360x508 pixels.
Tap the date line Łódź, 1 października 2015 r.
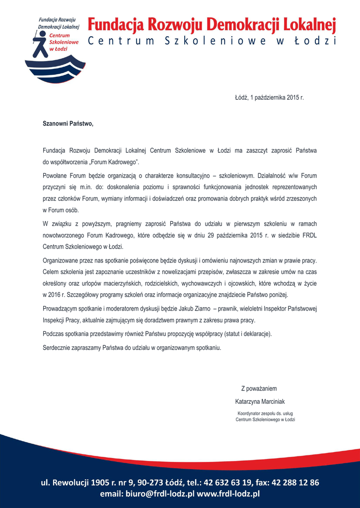pos(269,98)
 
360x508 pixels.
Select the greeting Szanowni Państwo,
pos(68,123)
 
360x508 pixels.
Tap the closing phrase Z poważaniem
pos(259,388)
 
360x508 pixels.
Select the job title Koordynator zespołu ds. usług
pos(265,413)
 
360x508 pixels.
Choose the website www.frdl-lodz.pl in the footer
pos(228,494)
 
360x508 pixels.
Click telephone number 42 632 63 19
pos(228,482)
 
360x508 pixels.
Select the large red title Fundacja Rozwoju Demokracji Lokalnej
pos(212,24)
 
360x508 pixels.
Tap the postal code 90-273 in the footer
pos(151,482)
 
